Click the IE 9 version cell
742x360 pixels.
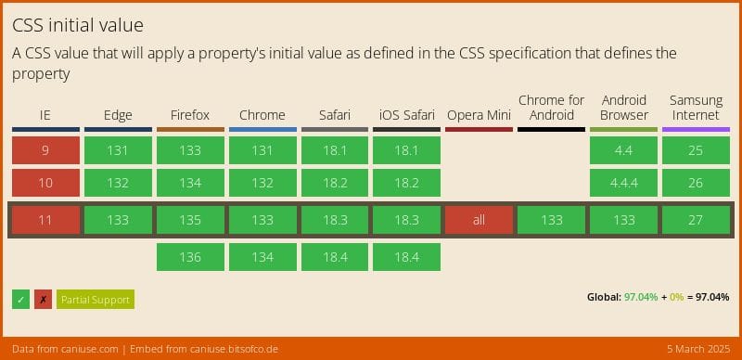tap(45, 150)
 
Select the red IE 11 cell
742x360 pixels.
tap(45, 220)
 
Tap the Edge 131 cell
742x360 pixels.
tap(118, 150)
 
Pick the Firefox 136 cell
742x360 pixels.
tap(190, 257)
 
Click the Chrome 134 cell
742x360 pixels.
tap(262, 257)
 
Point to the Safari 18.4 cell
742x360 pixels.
tap(334, 257)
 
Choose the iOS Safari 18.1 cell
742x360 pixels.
tap(406, 150)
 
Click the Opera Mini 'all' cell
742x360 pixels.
tap(479, 220)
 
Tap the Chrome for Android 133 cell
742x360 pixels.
tap(551, 220)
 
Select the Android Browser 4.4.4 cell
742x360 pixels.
tap(623, 183)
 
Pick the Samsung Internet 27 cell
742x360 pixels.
tap(696, 220)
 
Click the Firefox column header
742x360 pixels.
tap(190, 115)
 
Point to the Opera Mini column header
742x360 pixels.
tap(479, 115)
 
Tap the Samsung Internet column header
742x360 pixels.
tap(696, 108)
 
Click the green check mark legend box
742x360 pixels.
tap(20, 299)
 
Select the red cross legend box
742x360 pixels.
tap(43, 299)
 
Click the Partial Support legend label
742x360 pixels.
tap(96, 299)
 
